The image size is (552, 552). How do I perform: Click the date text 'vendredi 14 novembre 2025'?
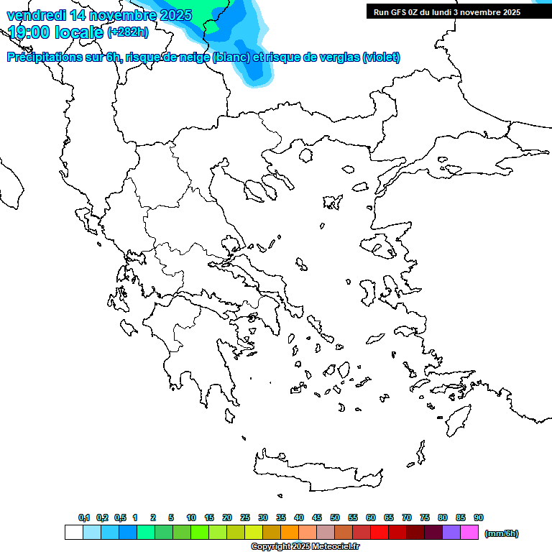[x=99, y=15]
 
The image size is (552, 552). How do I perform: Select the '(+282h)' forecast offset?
[x=128, y=32]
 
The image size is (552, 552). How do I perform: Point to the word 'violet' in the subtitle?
[x=381, y=57]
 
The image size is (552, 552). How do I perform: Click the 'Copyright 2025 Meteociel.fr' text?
[x=305, y=546]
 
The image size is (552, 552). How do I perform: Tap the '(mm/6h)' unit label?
[x=501, y=533]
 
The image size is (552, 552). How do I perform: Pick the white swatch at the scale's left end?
[x=73, y=533]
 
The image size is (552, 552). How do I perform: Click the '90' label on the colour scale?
[x=479, y=517]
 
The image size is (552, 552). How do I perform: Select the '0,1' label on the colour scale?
[x=84, y=517]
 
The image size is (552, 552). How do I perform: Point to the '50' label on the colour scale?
[x=335, y=517]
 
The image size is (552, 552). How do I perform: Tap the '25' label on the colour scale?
[x=245, y=517]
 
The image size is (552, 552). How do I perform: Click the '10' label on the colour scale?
[x=191, y=517]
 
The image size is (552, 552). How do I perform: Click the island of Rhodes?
[x=457, y=420]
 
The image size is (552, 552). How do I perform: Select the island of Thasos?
[x=305, y=155]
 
